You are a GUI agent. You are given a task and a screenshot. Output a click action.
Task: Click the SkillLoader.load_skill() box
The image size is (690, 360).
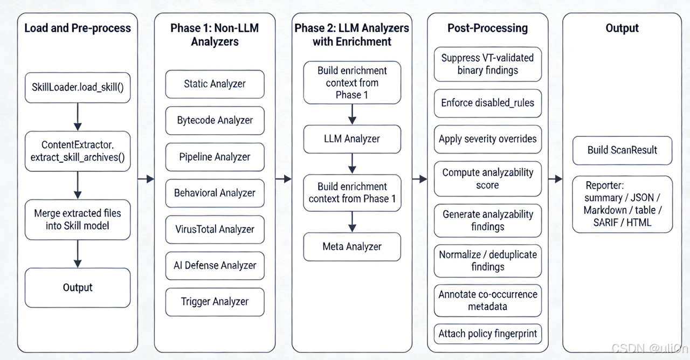(78, 87)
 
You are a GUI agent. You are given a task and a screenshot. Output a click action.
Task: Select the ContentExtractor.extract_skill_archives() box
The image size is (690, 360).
(78, 151)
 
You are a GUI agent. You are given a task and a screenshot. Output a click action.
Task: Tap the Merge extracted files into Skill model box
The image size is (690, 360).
(78, 219)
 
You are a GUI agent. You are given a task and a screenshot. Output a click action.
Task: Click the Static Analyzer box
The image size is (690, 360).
(215, 84)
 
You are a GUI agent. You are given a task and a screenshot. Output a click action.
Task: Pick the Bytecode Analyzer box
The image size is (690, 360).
(215, 120)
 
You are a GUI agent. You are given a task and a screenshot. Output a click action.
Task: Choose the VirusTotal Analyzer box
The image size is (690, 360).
(215, 229)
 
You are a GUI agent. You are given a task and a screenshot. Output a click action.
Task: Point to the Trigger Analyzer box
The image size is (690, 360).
(215, 302)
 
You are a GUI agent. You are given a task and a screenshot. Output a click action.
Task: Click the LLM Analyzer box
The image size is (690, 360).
(352, 139)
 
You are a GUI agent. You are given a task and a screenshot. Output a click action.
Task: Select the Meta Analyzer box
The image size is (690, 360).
(352, 247)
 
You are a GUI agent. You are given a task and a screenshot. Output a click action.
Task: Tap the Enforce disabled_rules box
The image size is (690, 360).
(487, 103)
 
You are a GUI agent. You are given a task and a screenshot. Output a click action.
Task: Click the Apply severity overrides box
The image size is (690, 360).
(487, 139)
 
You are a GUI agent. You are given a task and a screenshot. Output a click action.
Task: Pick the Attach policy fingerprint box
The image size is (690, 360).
(487, 334)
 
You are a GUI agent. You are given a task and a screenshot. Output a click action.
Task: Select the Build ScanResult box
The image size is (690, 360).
(622, 150)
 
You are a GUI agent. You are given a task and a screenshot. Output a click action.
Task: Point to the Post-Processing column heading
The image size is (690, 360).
(487, 28)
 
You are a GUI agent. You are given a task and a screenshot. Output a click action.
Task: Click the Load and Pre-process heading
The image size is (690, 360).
(78, 28)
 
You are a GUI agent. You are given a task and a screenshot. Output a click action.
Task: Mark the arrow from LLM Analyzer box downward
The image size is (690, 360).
(352, 163)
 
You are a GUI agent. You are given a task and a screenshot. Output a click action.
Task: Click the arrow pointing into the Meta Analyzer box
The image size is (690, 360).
(352, 221)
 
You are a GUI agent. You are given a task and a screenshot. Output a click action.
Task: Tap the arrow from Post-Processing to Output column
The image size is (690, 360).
(555, 179)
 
